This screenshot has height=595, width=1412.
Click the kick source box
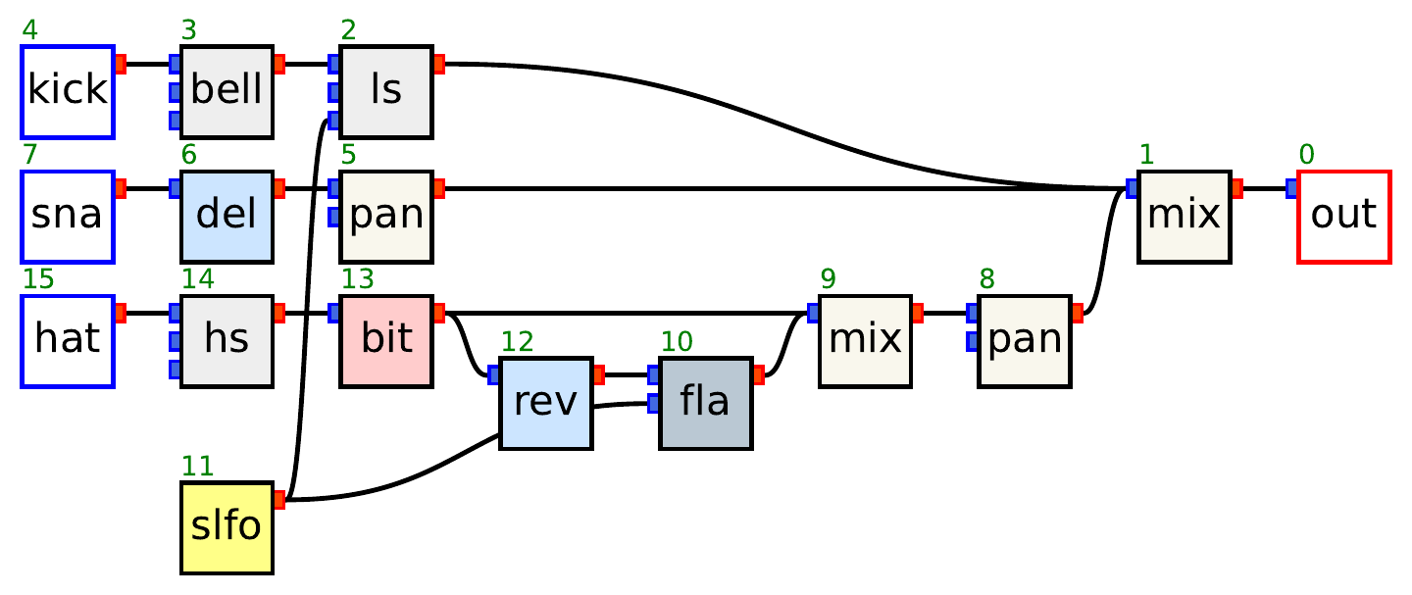[x=68, y=91]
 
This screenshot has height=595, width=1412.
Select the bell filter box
[x=227, y=91]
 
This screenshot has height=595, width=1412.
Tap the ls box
[x=386, y=91]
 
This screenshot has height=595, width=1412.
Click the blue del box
[x=227, y=216]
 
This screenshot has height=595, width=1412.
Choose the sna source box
[x=68, y=216]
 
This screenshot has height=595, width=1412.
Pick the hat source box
[x=68, y=340]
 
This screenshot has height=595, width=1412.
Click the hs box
[x=227, y=340]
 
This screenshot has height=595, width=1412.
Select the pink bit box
[x=386, y=340]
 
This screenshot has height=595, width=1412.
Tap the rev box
[x=546, y=403]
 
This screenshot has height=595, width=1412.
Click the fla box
[x=706, y=403]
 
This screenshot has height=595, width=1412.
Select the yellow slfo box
[x=227, y=527]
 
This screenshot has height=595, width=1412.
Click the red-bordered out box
[x=1343, y=216]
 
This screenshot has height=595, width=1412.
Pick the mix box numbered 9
[x=865, y=340]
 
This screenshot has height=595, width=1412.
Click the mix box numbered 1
[x=1184, y=216]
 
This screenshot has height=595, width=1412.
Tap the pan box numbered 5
[x=386, y=216]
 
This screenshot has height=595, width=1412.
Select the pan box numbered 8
[x=1025, y=340]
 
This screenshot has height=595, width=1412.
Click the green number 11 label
[x=197, y=467]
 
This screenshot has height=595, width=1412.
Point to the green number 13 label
[x=357, y=279]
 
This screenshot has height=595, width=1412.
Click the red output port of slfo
[x=279, y=500]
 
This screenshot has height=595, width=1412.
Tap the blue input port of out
[x=1291, y=188]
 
